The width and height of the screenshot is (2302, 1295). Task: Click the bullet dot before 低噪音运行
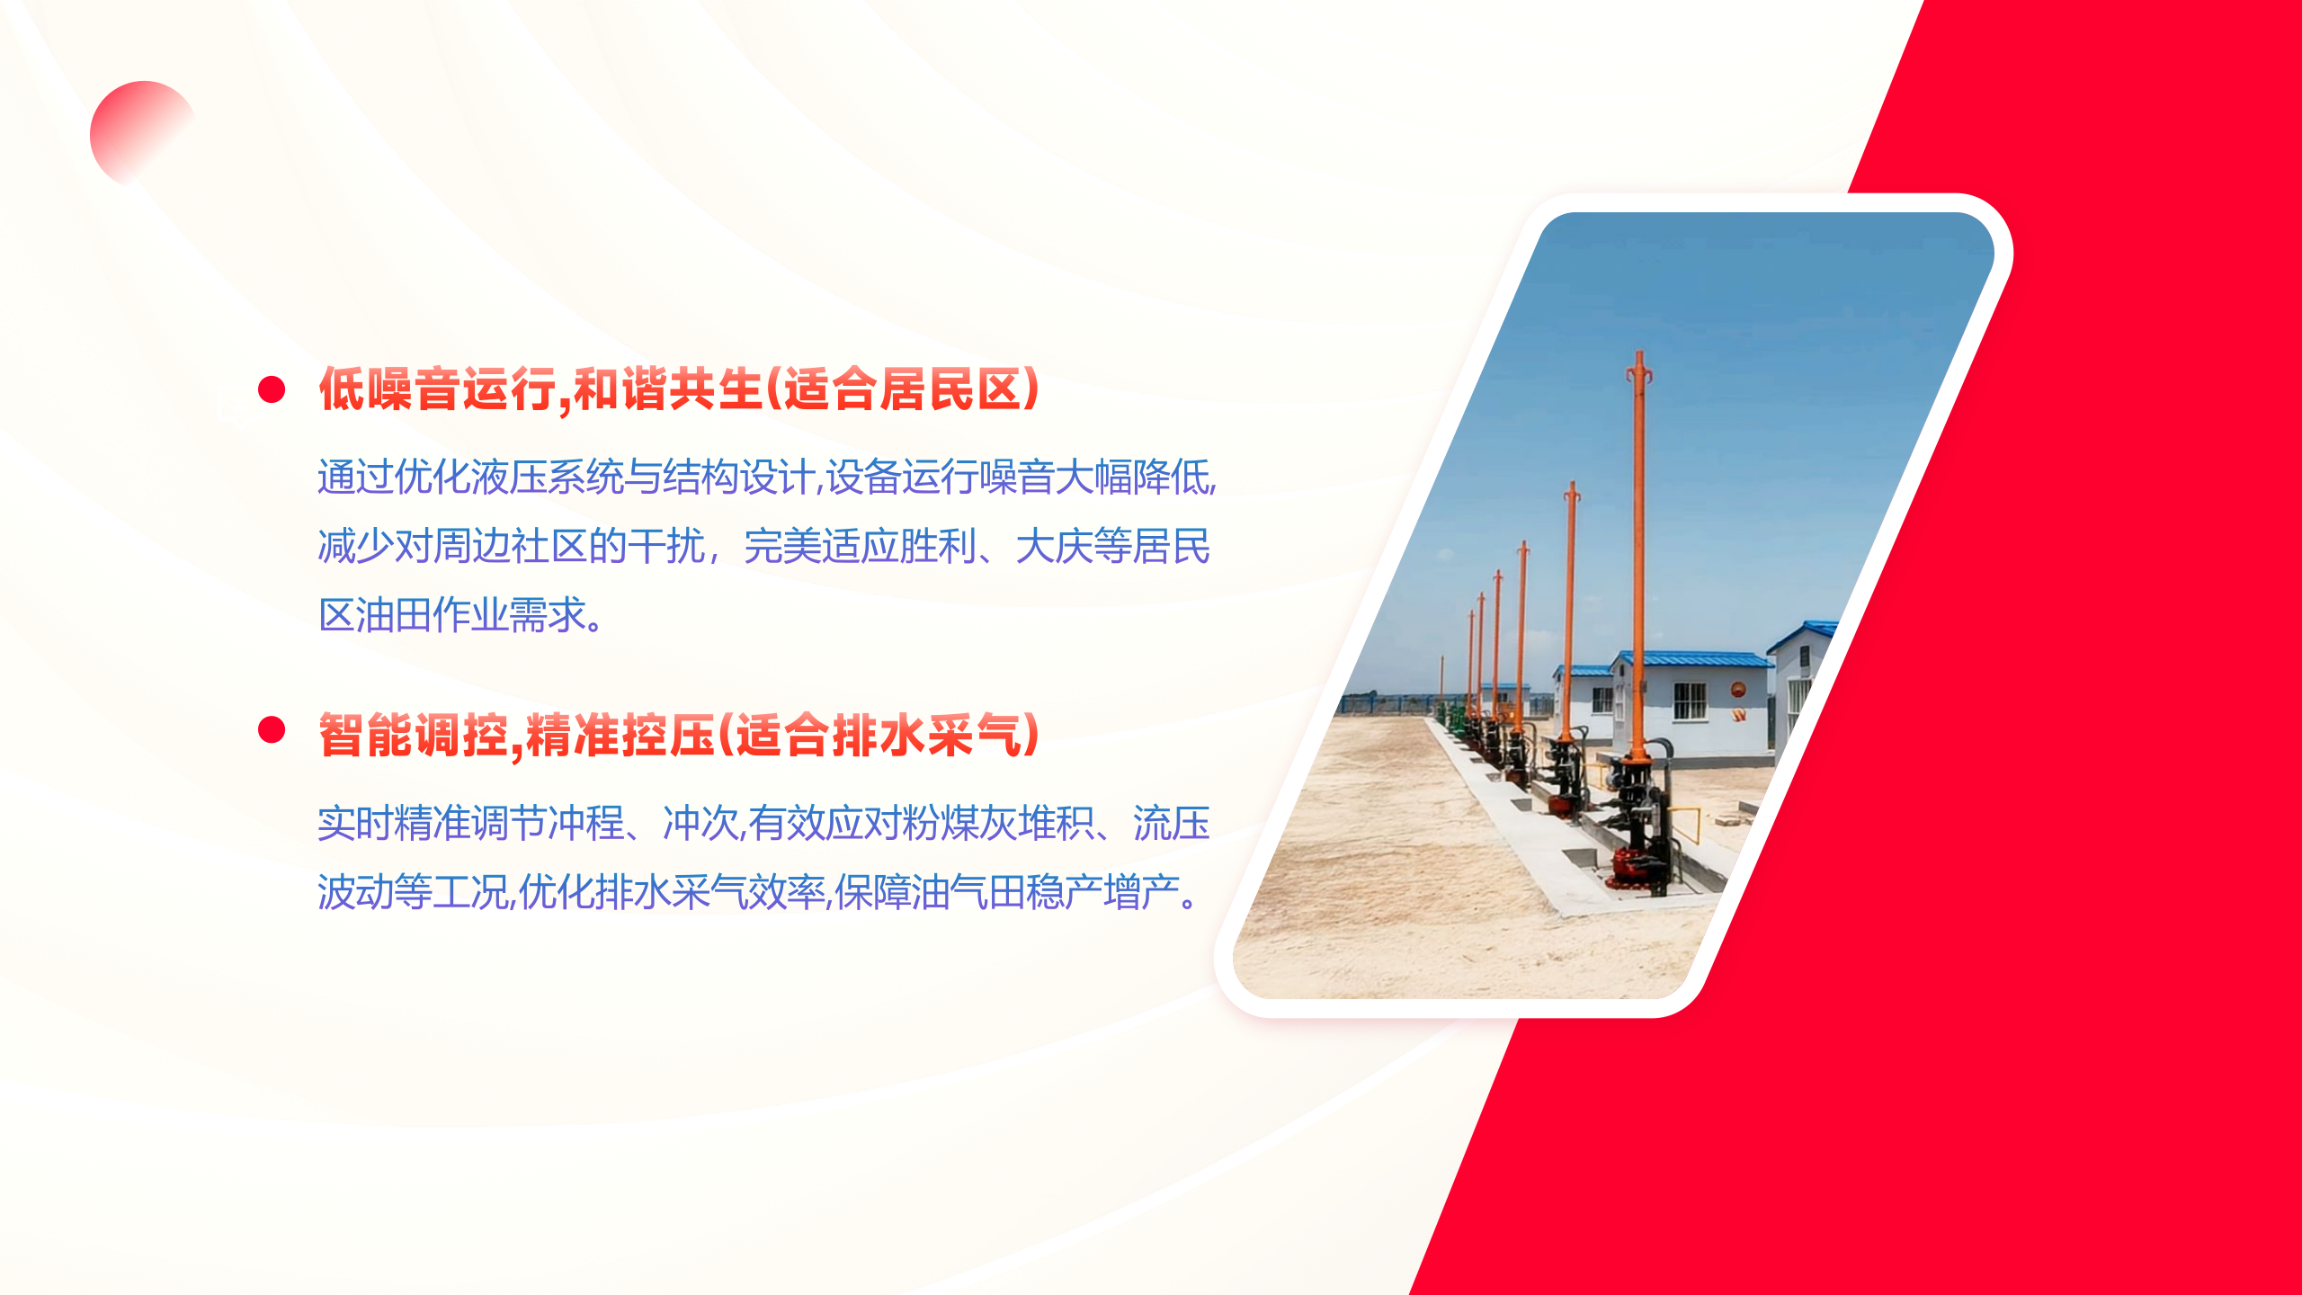tap(272, 389)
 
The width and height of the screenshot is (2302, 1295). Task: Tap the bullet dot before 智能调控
tap(272, 729)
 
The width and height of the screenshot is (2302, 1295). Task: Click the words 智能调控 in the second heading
tap(414, 735)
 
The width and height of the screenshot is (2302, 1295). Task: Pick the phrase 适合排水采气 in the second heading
tap(879, 735)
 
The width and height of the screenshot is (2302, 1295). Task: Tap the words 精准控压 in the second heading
tap(620, 735)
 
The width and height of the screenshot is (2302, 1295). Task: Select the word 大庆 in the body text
tap(1055, 546)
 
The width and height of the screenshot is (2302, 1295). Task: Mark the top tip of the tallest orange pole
tap(1639, 353)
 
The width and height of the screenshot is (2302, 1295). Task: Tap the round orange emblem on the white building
tap(1738, 691)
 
